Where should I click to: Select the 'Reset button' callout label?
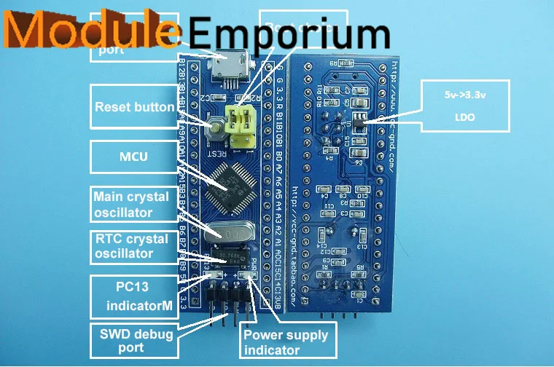[134, 106]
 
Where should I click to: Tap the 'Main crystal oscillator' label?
[132, 205]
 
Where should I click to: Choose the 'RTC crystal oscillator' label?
[132, 246]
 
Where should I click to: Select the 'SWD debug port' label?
[132, 341]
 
